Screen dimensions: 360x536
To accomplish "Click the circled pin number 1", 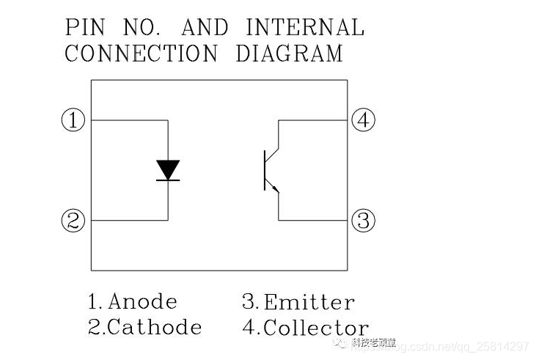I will click(x=73, y=120).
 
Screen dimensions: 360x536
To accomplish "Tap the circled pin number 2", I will click(x=73, y=220).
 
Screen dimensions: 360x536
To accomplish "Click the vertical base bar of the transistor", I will click(x=265, y=170).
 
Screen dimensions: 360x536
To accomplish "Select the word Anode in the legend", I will click(x=142, y=301).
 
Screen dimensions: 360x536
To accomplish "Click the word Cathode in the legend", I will click(x=154, y=327).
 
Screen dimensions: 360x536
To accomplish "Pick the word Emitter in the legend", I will click(x=309, y=302).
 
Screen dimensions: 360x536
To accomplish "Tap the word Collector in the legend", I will click(x=315, y=328).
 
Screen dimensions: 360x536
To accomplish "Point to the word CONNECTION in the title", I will click(x=141, y=54).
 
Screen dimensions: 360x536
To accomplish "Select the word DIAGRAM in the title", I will click(x=289, y=54).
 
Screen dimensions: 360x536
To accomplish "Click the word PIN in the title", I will click(x=85, y=28).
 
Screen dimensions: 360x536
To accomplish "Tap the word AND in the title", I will click(x=205, y=28).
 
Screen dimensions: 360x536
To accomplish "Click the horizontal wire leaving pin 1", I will click(x=129, y=120).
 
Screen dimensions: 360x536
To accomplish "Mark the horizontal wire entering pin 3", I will click(x=312, y=219).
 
